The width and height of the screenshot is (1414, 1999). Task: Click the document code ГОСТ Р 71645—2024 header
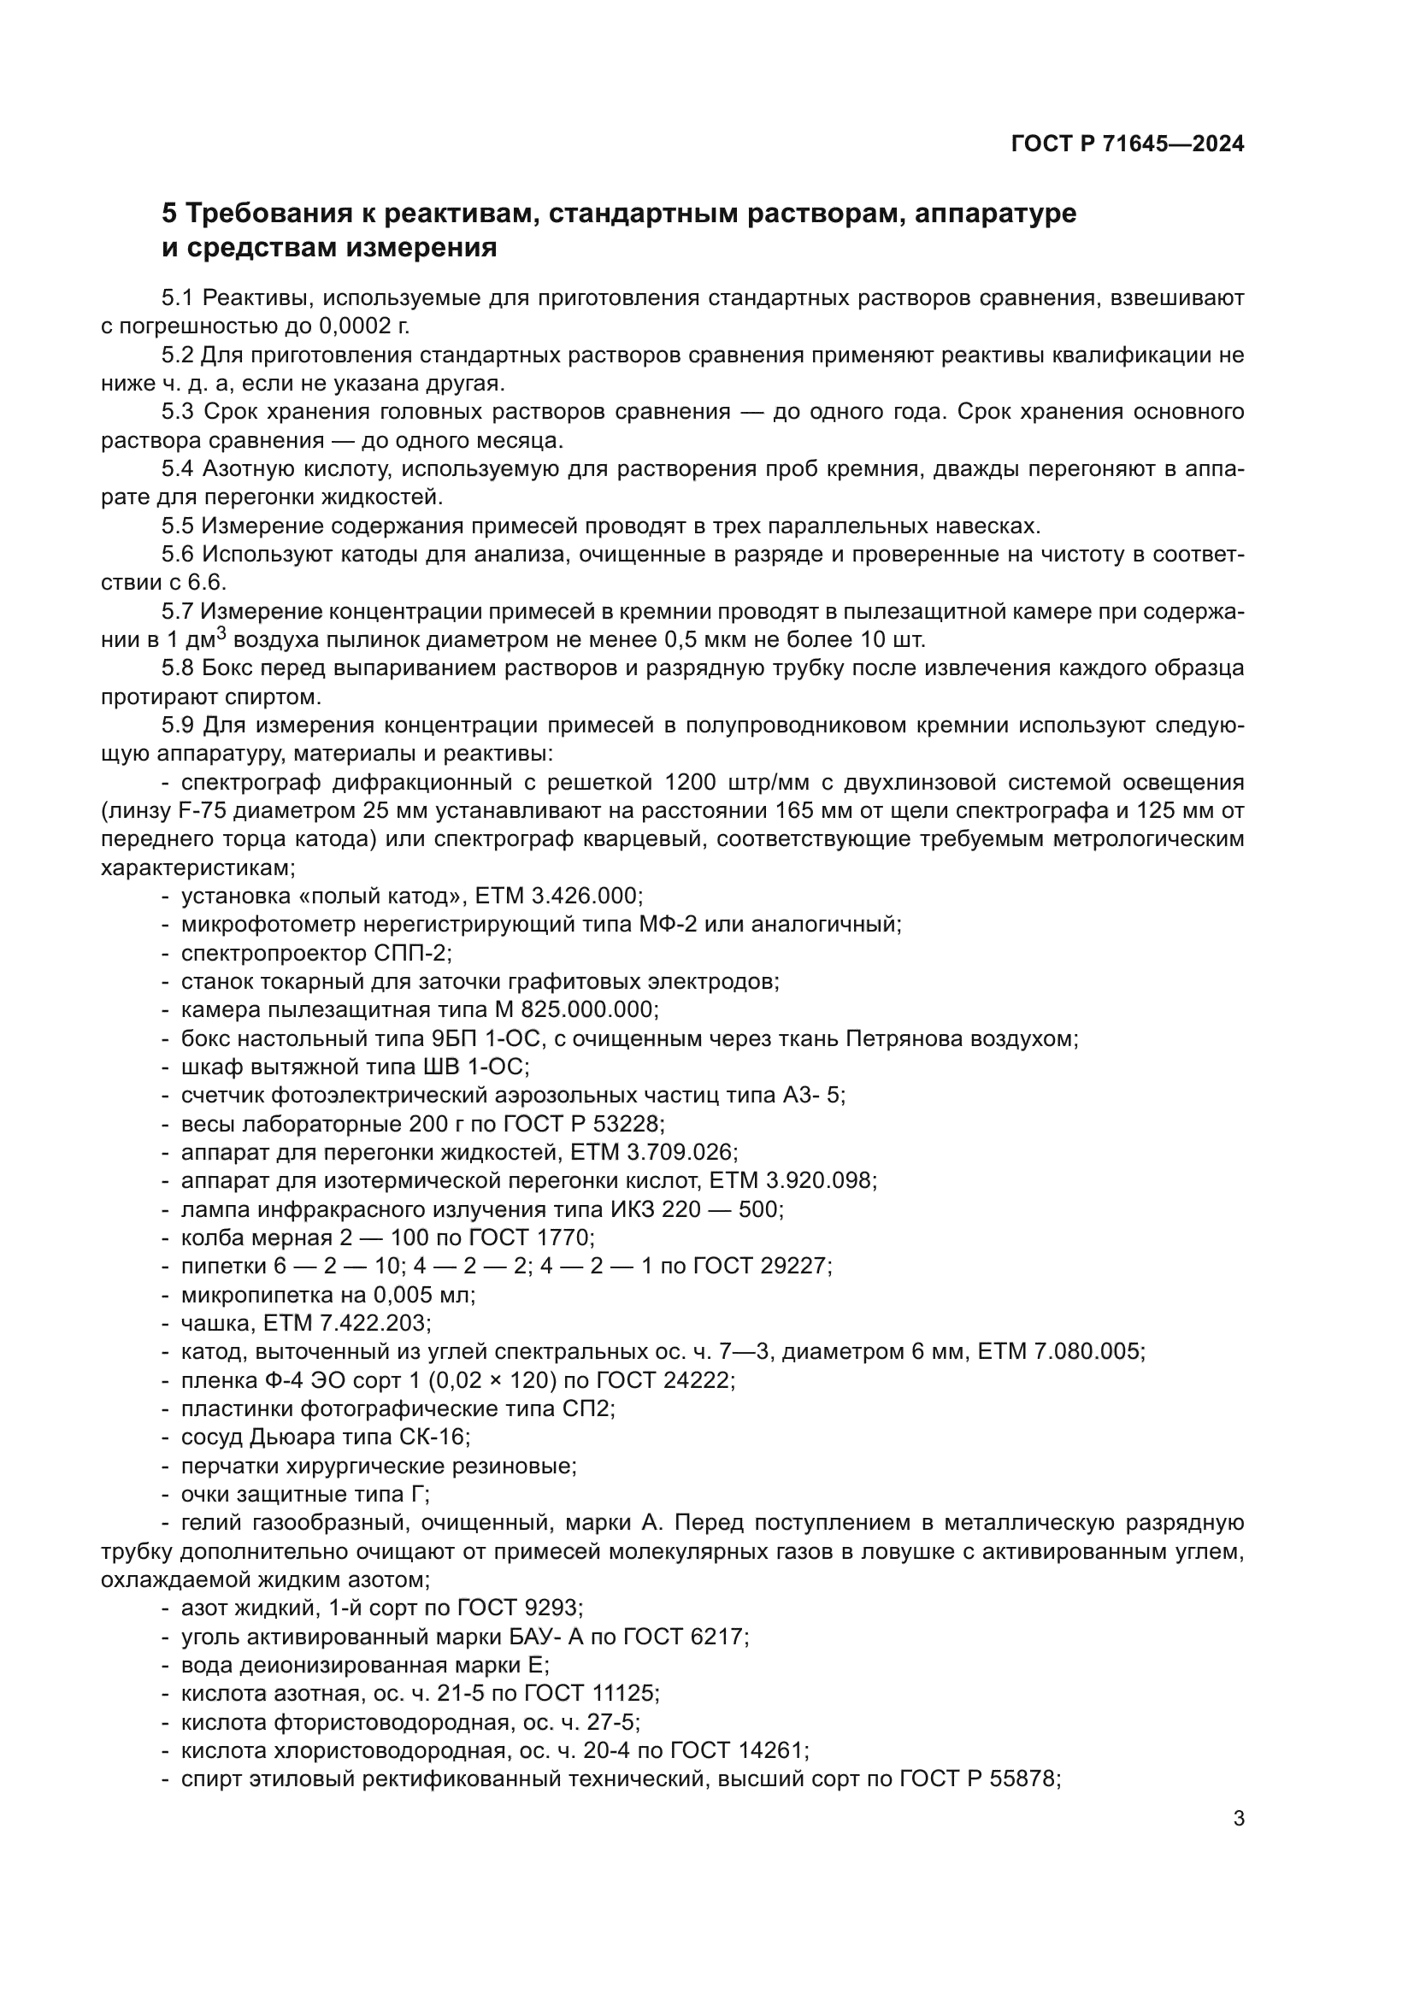(x=1128, y=144)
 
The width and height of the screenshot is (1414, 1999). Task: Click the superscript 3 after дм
(x=221, y=634)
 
